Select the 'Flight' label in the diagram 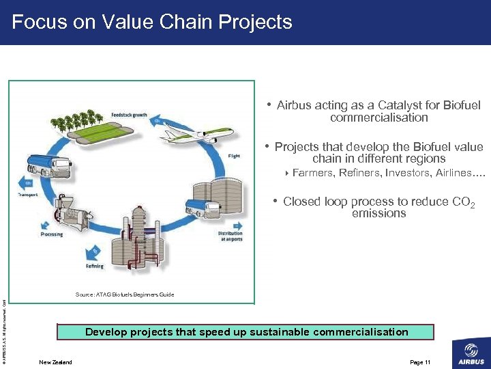pyautogui.click(x=234, y=156)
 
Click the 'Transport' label pyautogui.click(x=28, y=195)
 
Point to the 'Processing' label pyautogui.click(x=51, y=234)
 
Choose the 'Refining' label pyautogui.click(x=95, y=266)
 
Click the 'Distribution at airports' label pyautogui.click(x=230, y=236)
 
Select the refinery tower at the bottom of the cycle pyautogui.click(x=140, y=239)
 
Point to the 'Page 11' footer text pyautogui.click(x=420, y=362)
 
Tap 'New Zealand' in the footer pyautogui.click(x=55, y=362)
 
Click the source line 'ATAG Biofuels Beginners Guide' pyautogui.click(x=124, y=295)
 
